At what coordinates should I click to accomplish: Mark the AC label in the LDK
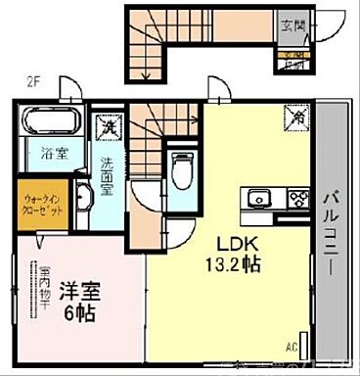tap(291, 348)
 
